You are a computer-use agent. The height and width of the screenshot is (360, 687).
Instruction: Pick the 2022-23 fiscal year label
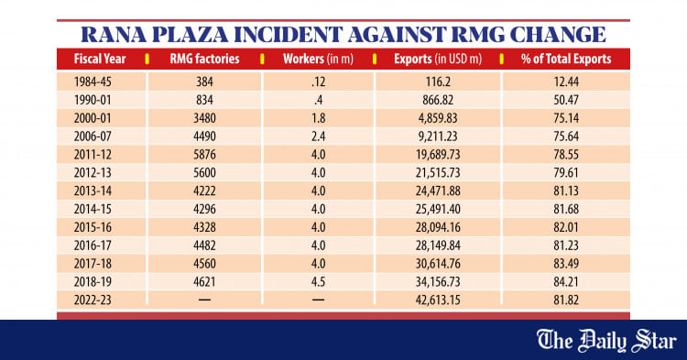pos(98,299)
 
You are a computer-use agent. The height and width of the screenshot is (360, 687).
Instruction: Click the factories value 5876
pos(203,155)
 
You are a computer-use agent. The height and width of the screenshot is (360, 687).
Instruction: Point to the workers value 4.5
pos(316,280)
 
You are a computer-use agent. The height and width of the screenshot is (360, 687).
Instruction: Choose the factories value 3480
pos(203,118)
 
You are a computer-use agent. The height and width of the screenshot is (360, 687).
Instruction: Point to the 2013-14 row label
pos(98,191)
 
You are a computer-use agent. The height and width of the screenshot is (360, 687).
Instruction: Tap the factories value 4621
pos(203,280)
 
